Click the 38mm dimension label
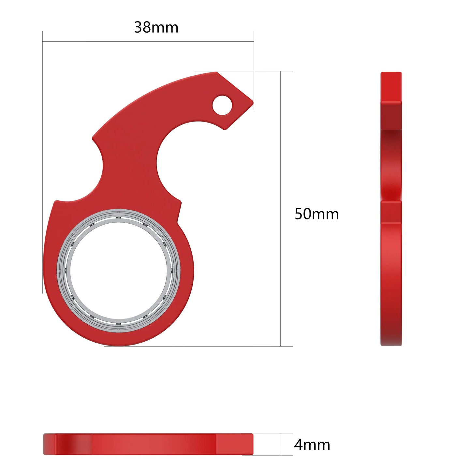156,27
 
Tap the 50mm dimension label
316,214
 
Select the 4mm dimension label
312,445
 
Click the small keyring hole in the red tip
222,105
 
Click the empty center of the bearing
119,271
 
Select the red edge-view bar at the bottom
148,444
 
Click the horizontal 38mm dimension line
148,41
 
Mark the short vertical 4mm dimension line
281,444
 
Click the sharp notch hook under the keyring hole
224,129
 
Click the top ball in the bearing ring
119,217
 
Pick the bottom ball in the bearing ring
119,324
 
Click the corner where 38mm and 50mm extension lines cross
254,71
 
